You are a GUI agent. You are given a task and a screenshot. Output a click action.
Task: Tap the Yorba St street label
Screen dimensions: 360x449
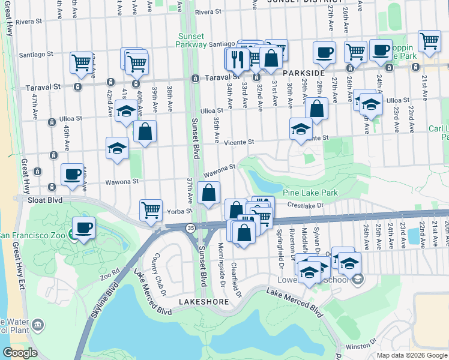tap(179, 211)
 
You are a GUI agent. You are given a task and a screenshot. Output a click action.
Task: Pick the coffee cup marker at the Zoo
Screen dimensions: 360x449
tap(83, 228)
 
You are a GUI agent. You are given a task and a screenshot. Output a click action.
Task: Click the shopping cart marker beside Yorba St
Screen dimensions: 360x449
tap(151, 210)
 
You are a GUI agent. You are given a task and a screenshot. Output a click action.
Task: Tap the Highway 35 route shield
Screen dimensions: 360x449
tap(190, 228)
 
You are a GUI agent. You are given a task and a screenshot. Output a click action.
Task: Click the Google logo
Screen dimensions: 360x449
tap(20, 353)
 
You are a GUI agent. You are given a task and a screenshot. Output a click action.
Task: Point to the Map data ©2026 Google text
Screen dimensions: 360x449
tap(411, 355)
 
